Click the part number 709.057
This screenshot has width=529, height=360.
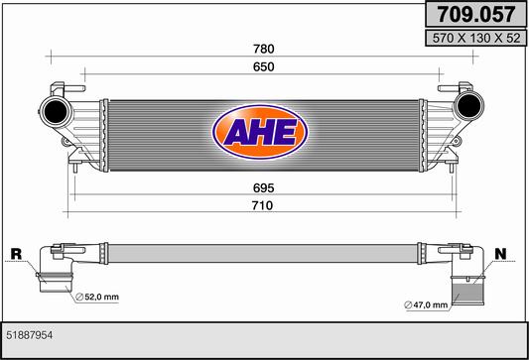[476, 14]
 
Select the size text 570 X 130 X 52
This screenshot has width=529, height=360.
[476, 38]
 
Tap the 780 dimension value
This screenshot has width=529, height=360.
[263, 50]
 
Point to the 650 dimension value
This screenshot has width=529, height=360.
[263, 67]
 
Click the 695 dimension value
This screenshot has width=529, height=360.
[263, 188]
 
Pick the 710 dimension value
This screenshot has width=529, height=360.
[262, 205]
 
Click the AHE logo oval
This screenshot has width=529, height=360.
[260, 132]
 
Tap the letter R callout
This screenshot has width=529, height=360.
[16, 254]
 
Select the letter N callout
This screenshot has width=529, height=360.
[500, 254]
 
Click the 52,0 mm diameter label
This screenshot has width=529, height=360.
[97, 297]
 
